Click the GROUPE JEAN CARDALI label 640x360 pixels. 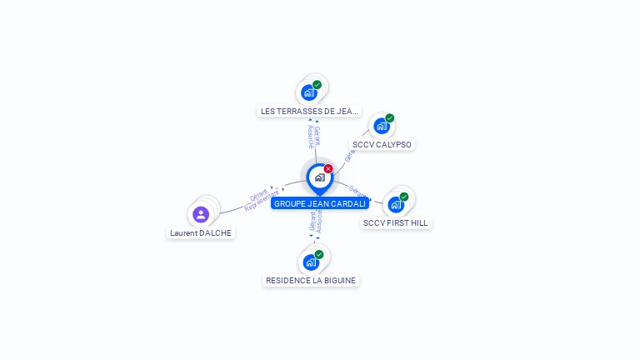click(x=320, y=203)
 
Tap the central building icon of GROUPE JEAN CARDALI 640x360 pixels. click(x=319, y=177)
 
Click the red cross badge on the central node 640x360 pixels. click(x=328, y=169)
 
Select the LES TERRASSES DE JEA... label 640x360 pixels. click(x=308, y=111)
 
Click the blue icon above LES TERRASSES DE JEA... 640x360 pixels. click(x=309, y=92)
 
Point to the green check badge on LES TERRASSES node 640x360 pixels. click(x=317, y=85)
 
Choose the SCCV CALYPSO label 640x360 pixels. click(x=382, y=144)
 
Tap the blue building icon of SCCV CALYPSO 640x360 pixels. click(x=381, y=126)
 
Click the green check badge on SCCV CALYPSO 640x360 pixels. click(x=389, y=118)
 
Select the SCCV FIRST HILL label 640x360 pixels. click(x=396, y=223)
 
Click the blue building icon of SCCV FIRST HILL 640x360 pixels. click(x=395, y=204)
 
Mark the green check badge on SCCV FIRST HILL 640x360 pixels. click(x=404, y=197)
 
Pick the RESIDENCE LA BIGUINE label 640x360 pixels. click(x=311, y=281)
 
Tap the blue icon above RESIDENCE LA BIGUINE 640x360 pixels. click(x=310, y=262)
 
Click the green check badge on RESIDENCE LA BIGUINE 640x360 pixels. click(x=319, y=254)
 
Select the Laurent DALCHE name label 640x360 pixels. click(x=201, y=233)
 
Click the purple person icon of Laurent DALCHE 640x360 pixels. click(x=201, y=214)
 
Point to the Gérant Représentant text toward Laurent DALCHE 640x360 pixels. click(x=260, y=199)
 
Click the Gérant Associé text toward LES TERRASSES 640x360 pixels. click(x=313, y=136)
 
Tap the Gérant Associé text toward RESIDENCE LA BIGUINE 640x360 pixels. click(x=316, y=222)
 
